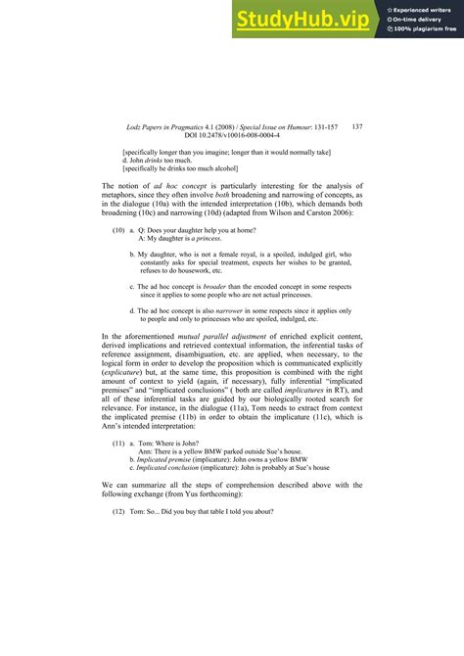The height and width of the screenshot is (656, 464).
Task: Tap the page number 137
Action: [x=356, y=126]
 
